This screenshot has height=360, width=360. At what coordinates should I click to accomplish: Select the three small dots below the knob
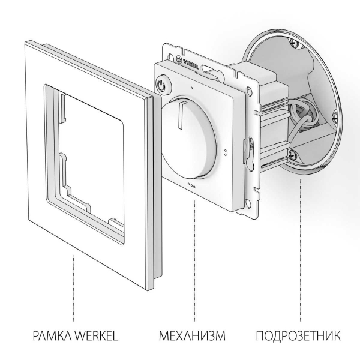191,185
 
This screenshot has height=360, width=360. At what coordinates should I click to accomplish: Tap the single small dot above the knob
191,88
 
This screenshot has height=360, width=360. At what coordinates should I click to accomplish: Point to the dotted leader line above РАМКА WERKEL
74,288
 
